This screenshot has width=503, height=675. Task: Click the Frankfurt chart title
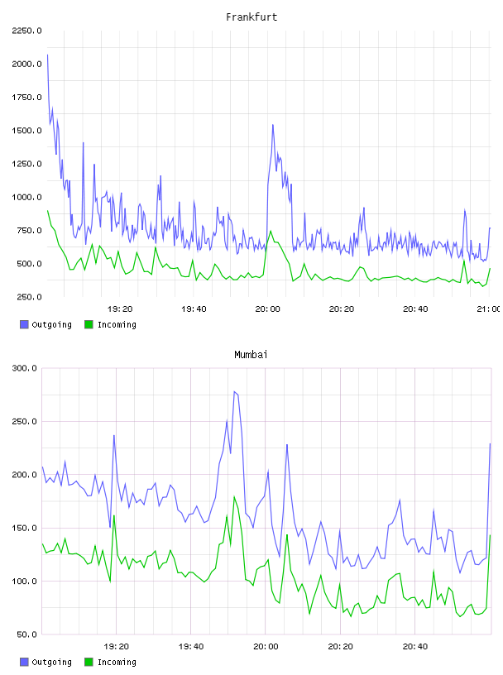point(251,17)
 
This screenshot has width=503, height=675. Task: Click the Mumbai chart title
point(251,355)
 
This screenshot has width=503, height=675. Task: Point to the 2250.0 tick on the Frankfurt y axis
point(26,31)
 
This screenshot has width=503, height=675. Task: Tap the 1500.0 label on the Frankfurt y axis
point(26,131)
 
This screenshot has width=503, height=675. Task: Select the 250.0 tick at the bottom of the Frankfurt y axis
point(29,297)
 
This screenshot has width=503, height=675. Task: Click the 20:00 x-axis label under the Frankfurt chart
point(267,309)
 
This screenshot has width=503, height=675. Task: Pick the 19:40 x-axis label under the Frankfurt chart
point(194,309)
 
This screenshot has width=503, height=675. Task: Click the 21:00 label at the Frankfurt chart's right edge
point(489,309)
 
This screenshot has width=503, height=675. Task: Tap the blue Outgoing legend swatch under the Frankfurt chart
point(24,324)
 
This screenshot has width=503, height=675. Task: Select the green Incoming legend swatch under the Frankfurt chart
point(89,324)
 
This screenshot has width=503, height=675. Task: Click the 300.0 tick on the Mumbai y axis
point(24,368)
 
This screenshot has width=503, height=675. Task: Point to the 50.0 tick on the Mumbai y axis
point(26,634)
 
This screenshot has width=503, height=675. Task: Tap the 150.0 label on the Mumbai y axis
point(24,528)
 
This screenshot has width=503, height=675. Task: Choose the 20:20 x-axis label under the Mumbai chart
point(340,647)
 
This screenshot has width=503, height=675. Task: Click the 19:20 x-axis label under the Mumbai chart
point(117,647)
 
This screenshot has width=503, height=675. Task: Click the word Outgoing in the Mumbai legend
point(51,662)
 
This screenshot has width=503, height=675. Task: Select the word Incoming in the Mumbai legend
point(117,662)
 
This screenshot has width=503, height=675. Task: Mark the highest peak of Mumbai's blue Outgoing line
point(234,391)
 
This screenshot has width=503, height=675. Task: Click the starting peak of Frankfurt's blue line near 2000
point(47,55)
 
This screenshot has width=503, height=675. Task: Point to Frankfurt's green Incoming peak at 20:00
point(271,231)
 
